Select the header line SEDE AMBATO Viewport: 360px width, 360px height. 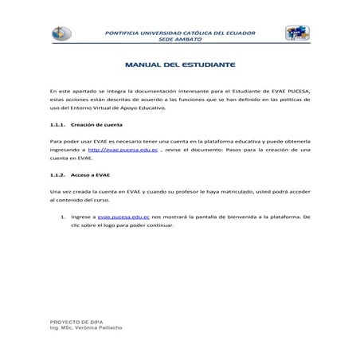[180, 38]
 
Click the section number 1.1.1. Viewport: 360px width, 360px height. [57, 124]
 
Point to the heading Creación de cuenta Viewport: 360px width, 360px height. [98, 124]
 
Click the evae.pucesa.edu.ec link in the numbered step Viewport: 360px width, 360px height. [121, 216]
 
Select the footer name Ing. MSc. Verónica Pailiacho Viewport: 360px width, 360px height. [87, 327]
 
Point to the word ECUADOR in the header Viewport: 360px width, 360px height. [238, 32]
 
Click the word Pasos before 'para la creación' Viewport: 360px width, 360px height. [231, 149]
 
